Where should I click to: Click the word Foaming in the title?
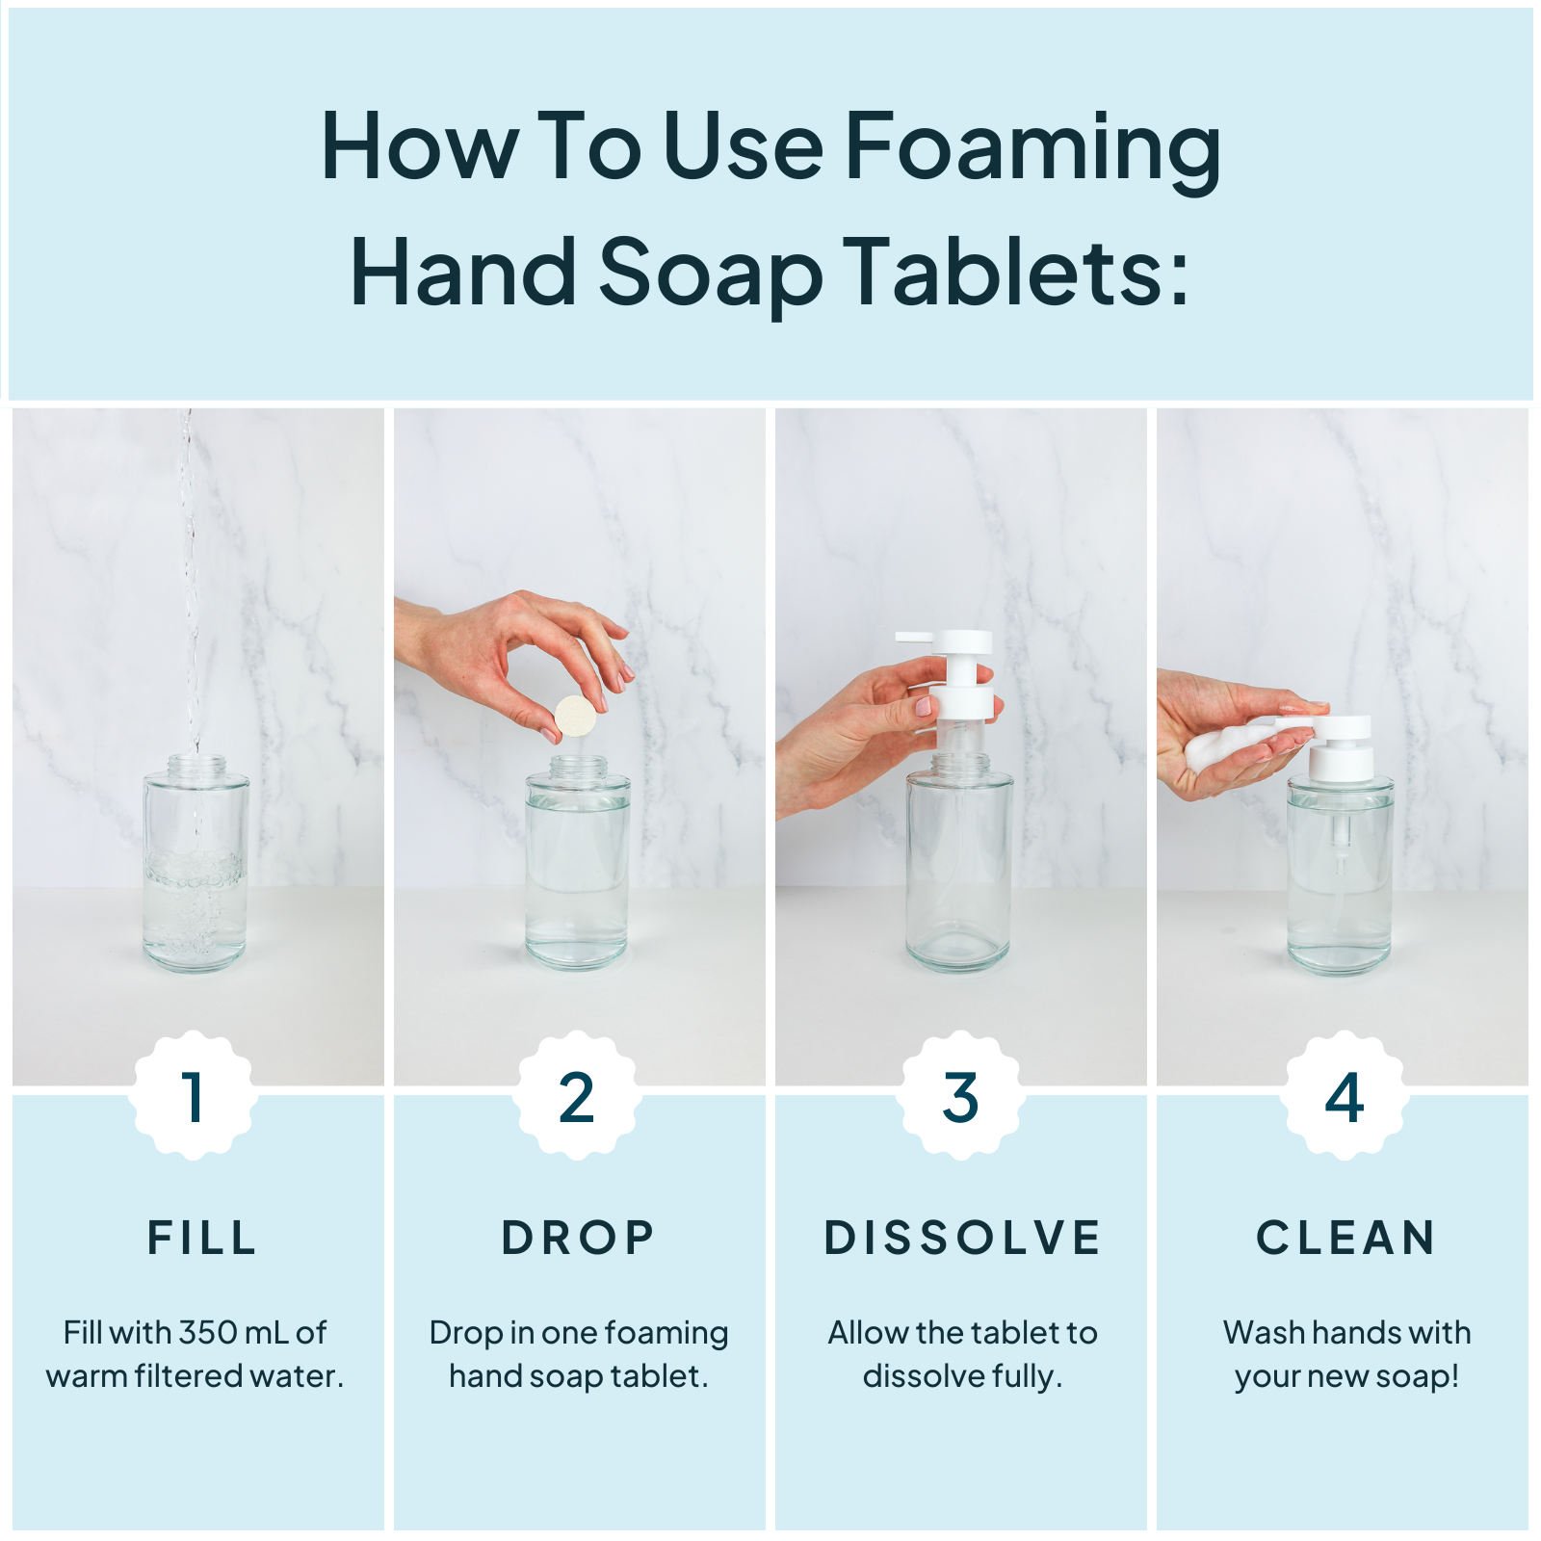1032,149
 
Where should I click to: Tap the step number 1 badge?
194,1097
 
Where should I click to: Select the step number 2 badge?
576,1097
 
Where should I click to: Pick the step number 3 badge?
960,1097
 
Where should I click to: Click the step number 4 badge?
1344,1097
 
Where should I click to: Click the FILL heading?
202,1238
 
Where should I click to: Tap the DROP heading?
578,1238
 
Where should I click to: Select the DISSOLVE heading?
962,1238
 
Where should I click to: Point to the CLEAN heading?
1345,1238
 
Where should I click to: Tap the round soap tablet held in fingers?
575,716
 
